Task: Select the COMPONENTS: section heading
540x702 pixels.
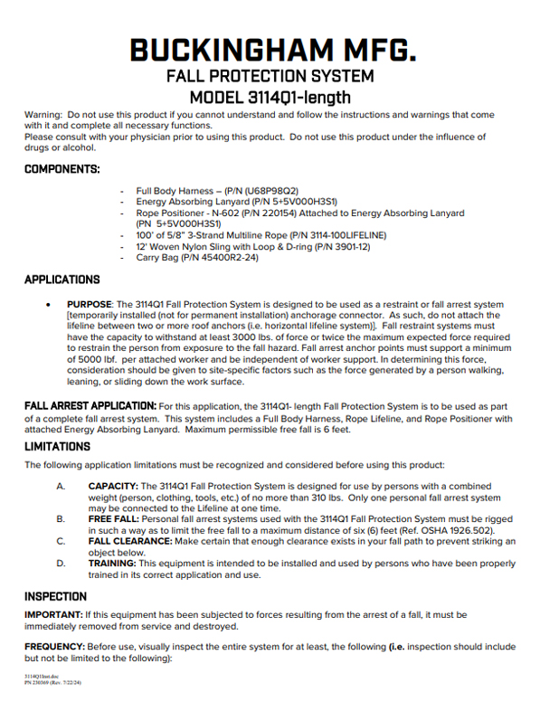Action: (x=62, y=169)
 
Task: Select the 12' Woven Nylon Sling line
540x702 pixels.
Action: (x=239, y=246)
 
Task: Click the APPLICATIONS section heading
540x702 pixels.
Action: (x=62, y=280)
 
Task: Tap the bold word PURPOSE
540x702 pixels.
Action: (x=88, y=304)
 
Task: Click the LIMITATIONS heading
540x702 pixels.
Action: (x=57, y=447)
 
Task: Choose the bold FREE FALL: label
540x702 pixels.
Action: (x=115, y=520)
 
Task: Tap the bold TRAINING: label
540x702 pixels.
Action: (x=112, y=563)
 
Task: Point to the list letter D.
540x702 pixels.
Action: (x=61, y=563)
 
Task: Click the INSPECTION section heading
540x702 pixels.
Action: (x=56, y=597)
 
